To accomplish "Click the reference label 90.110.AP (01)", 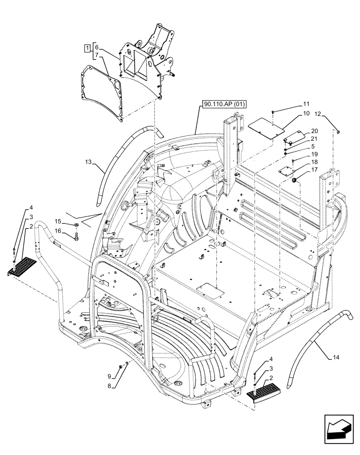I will tap(225, 104).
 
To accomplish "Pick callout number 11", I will tap(306, 104).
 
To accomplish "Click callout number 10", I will tap(306, 113).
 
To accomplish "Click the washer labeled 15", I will tap(76, 224).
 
